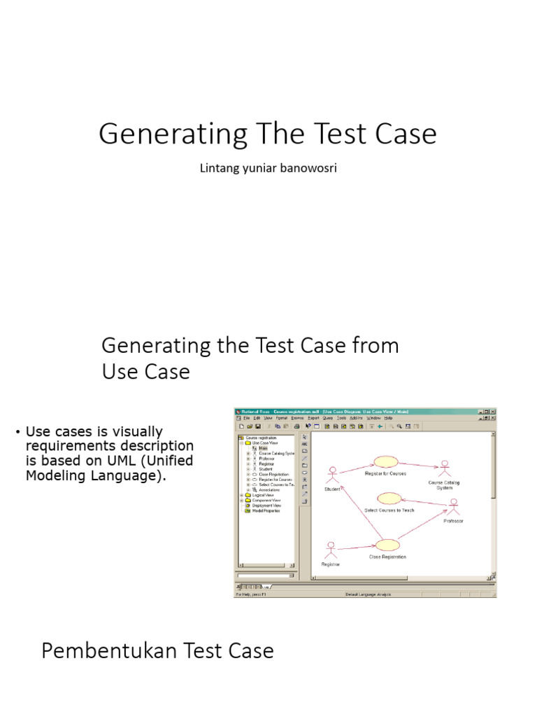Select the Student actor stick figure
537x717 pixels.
coord(333,474)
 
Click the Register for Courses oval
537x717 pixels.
coord(385,461)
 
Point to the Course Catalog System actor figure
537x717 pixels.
coord(443,469)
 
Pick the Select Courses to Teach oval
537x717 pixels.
coord(388,498)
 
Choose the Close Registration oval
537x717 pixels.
coord(387,545)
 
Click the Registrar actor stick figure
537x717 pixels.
coord(330,550)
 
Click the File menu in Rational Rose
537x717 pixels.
coord(246,418)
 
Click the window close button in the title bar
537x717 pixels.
coord(492,411)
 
